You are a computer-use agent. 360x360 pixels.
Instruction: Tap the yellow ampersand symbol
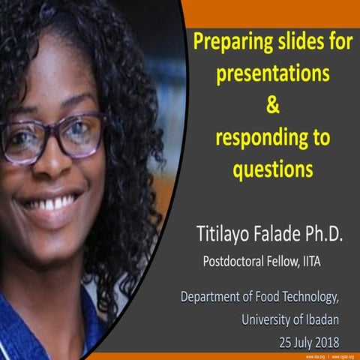click(272, 106)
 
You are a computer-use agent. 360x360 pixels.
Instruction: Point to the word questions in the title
click(272, 171)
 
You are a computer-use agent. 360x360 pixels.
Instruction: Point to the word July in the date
click(298, 342)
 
